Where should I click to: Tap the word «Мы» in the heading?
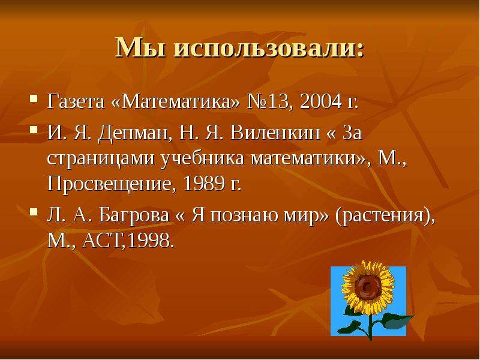coord(140,48)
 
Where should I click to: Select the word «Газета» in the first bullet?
coord(76,101)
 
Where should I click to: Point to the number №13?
coord(268,101)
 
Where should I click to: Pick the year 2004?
coord(321,101)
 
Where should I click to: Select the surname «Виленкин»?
coord(275,133)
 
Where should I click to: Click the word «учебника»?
coord(203,159)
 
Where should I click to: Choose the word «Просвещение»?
coord(112,184)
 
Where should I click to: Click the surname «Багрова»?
coord(134,215)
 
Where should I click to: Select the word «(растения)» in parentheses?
coord(385,216)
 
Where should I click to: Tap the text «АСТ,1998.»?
coord(128,241)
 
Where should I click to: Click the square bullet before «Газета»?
coord(34,98)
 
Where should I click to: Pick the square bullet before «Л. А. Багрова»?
coord(34,212)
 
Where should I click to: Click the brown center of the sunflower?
coord(368,287)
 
